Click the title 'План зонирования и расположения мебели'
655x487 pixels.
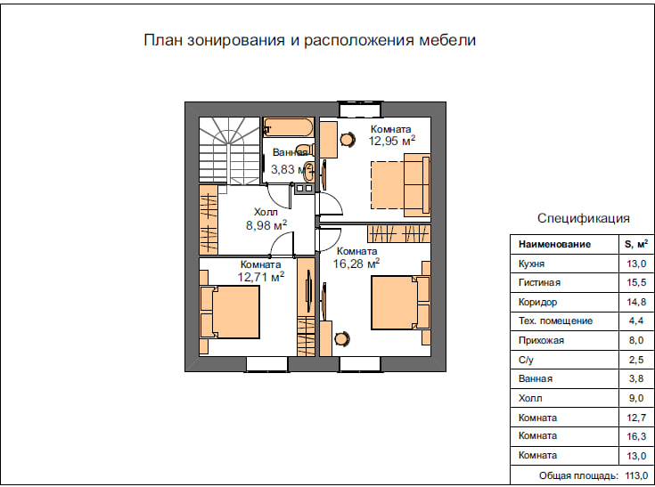pyautogui.click(x=309, y=40)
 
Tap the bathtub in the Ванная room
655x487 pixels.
pyautogui.click(x=288, y=127)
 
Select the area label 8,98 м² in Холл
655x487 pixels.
pyautogui.click(x=266, y=225)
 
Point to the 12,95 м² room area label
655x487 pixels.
pyautogui.click(x=392, y=141)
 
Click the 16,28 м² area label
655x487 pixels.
pyautogui.click(x=356, y=264)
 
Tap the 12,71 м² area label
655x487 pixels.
pyautogui.click(x=261, y=277)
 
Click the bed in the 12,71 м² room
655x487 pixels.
pyautogui.click(x=229, y=312)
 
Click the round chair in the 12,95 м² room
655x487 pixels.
pyautogui.click(x=348, y=140)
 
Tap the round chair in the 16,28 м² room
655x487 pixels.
pyautogui.click(x=341, y=338)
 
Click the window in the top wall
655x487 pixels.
pyautogui.click(x=360, y=110)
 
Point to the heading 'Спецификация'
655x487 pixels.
pyautogui.click(x=583, y=218)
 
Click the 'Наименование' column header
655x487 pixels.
pyautogui.click(x=554, y=244)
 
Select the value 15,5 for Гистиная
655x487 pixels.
pyautogui.click(x=636, y=282)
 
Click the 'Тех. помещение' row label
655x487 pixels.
pyautogui.click(x=555, y=321)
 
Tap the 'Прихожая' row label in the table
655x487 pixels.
pyautogui.click(x=541, y=340)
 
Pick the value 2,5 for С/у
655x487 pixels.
pyautogui.click(x=636, y=360)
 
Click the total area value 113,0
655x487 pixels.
pyautogui.click(x=636, y=475)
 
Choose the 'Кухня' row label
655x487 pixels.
pyautogui.click(x=531, y=264)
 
